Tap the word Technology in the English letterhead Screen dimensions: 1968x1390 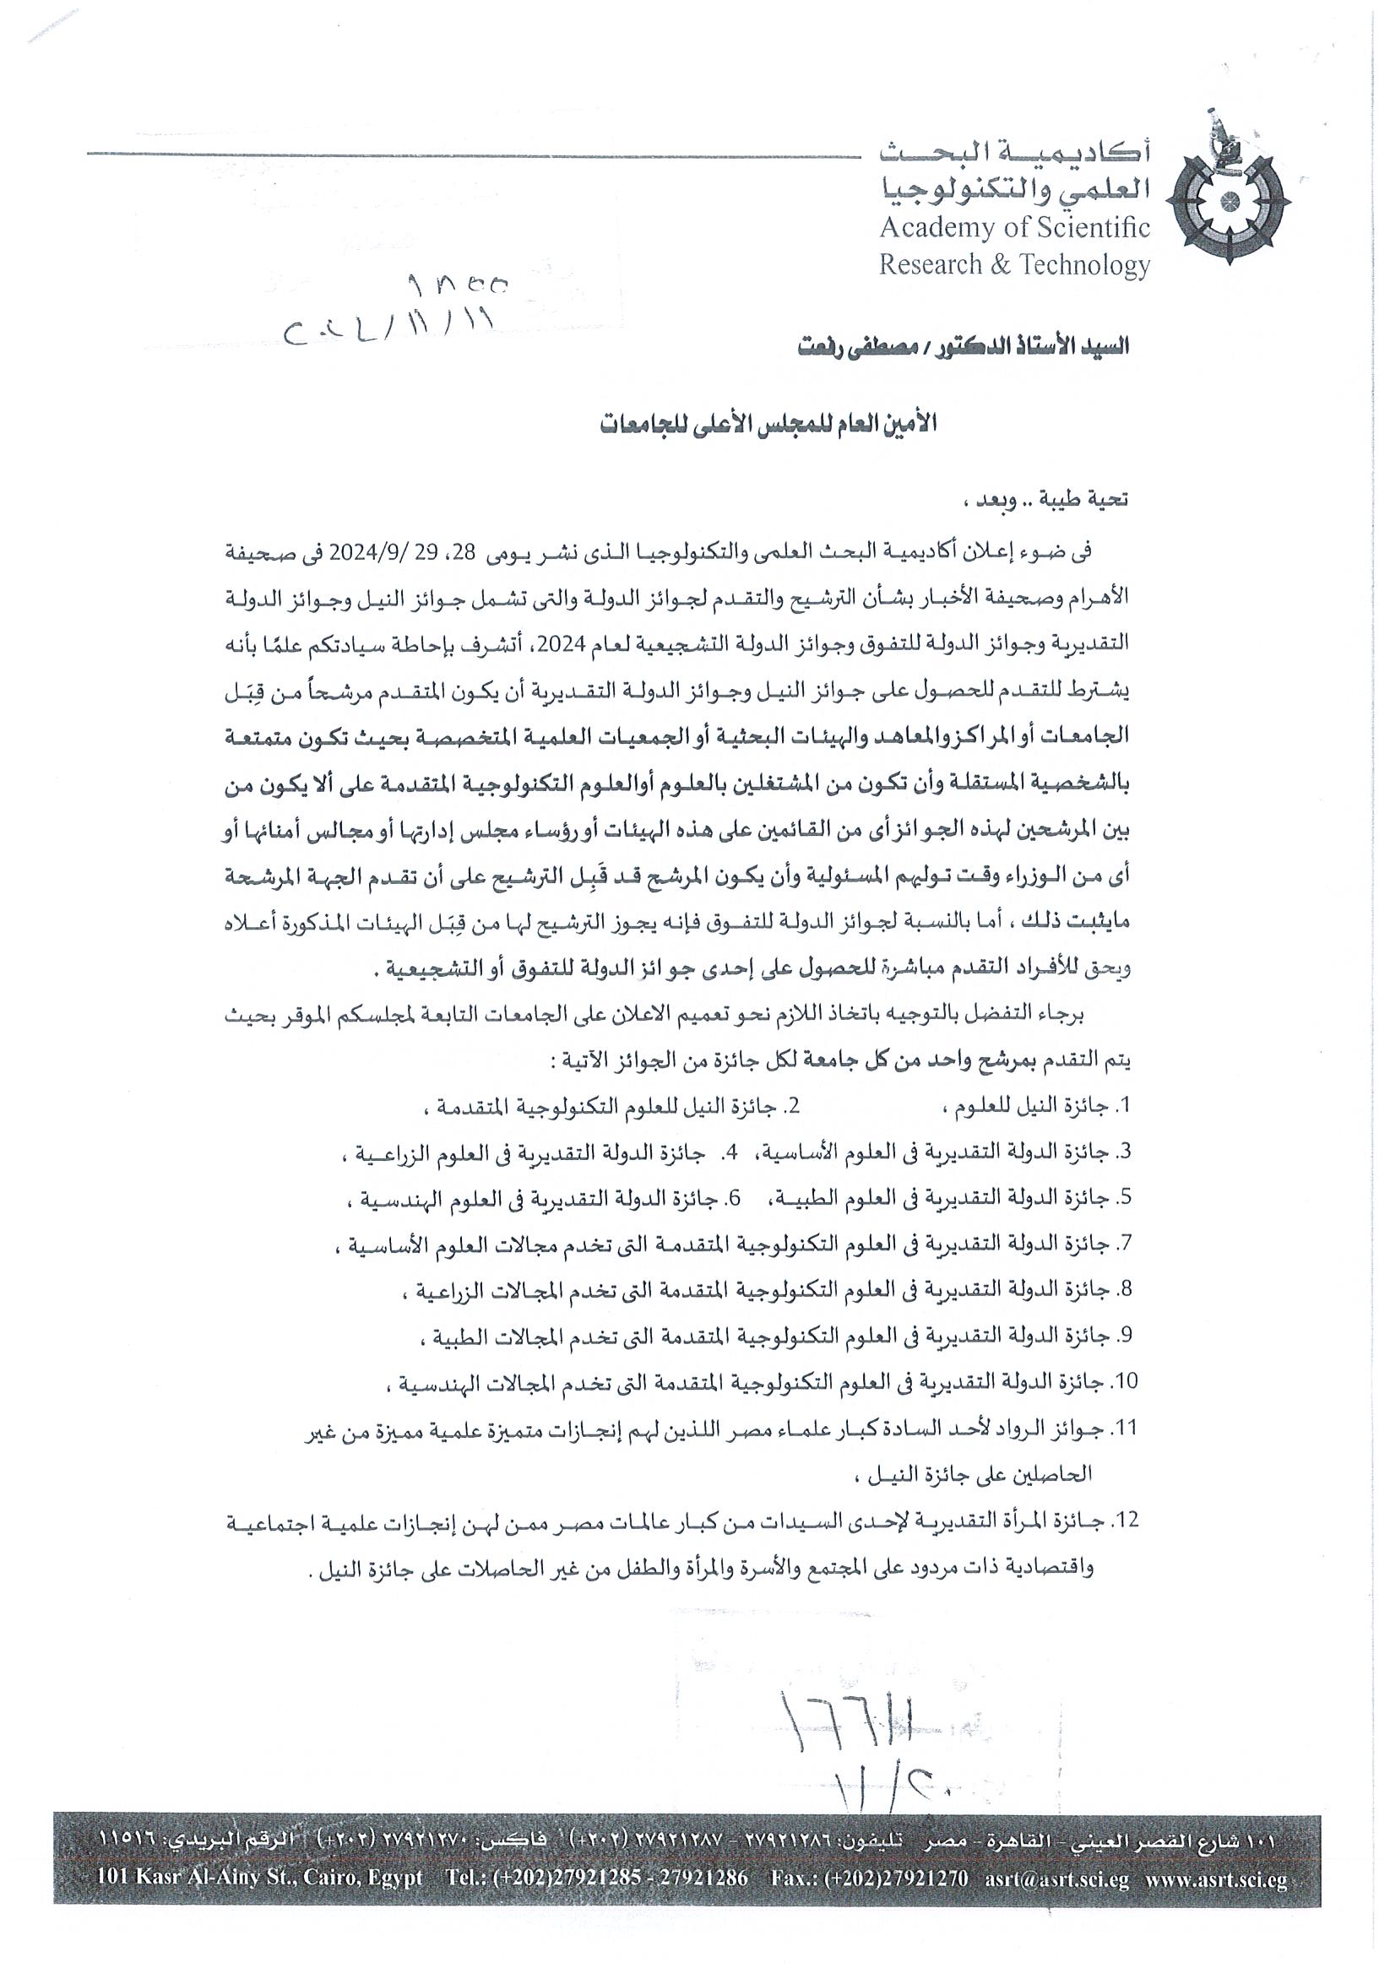pos(1082,265)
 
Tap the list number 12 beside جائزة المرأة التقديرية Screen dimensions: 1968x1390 pos(1122,1521)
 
